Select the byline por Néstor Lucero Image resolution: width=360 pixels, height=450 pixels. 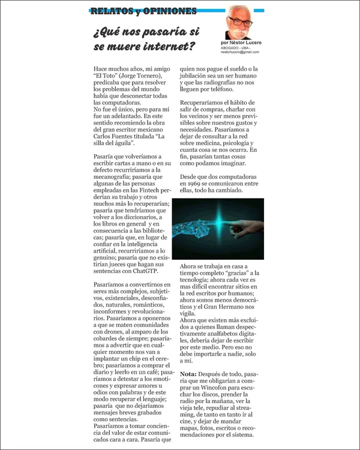tap(245, 43)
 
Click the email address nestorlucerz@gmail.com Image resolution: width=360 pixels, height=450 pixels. tap(244, 52)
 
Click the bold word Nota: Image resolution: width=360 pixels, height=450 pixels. tap(190, 373)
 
